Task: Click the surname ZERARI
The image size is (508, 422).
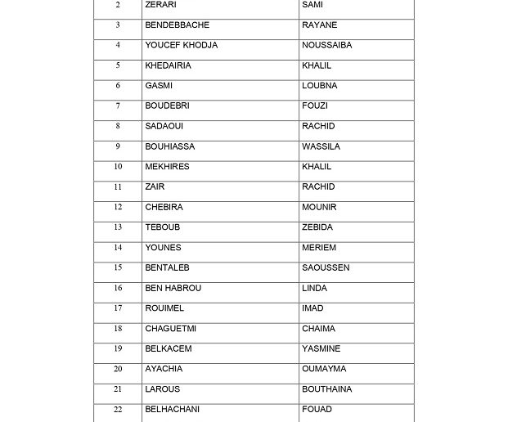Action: tap(160, 5)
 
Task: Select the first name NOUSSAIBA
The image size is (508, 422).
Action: tap(326, 45)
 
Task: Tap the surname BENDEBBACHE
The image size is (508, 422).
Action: tap(177, 25)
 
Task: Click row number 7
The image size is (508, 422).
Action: tap(118, 106)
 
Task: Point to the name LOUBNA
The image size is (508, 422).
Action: tap(319, 86)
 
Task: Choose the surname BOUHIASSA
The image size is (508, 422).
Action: tap(169, 146)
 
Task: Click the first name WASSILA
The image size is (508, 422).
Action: tap(321, 146)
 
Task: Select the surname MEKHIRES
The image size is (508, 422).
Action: tap(167, 167)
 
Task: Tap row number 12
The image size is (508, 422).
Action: tap(118, 207)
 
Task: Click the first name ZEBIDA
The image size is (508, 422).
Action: tap(317, 227)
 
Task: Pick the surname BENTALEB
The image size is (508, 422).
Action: tap(167, 267)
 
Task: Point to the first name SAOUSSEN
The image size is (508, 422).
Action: tap(326, 267)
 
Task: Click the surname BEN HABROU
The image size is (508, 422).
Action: tap(173, 288)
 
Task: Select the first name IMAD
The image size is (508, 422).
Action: tap(312, 308)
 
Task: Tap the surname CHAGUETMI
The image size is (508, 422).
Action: tap(170, 329)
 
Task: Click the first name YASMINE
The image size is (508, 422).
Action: tap(321, 348)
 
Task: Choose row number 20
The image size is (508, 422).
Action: tap(118, 369)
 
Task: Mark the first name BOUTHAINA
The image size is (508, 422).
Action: tap(326, 389)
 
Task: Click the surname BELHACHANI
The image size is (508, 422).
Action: tap(172, 409)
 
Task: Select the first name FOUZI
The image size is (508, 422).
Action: tap(315, 106)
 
